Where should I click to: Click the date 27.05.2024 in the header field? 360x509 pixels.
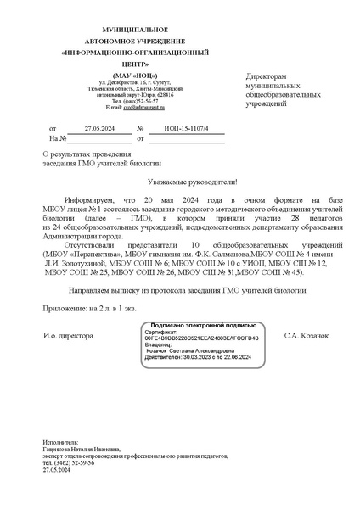(98, 127)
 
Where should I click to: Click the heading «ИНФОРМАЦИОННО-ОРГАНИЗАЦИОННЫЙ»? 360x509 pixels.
(124, 52)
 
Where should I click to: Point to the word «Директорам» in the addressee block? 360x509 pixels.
(266, 76)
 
